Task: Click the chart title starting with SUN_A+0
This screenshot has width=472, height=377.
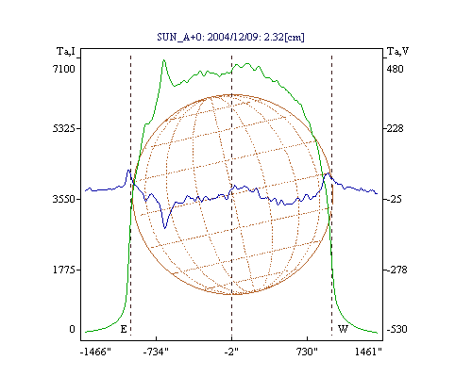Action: [x=230, y=37]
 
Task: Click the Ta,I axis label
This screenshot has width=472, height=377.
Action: [x=66, y=51]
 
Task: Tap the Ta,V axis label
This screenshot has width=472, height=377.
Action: [x=398, y=51]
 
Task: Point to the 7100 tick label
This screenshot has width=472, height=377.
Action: [x=64, y=69]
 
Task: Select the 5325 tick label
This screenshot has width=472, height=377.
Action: [x=64, y=128]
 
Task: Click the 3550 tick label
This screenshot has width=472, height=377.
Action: [x=64, y=199]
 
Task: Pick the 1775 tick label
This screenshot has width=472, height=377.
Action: [x=64, y=270]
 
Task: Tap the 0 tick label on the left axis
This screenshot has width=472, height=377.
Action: [x=72, y=329]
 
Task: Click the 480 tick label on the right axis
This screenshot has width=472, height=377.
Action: [x=395, y=69]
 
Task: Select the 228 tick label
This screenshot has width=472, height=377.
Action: [x=395, y=128]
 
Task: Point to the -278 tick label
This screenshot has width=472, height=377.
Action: [x=396, y=270]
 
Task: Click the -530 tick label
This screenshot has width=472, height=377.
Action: [x=396, y=329]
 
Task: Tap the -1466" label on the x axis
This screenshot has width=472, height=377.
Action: [x=95, y=352]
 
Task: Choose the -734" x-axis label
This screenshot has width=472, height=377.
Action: [x=156, y=352]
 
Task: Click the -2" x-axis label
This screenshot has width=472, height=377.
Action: [x=231, y=352]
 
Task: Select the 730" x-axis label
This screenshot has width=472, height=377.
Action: [x=307, y=352]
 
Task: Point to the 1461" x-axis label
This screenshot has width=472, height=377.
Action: [x=368, y=352]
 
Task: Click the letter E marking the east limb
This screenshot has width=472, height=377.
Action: [x=124, y=329]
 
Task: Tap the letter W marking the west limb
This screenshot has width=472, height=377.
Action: [x=343, y=329]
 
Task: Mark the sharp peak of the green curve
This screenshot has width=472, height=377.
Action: [x=163, y=60]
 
